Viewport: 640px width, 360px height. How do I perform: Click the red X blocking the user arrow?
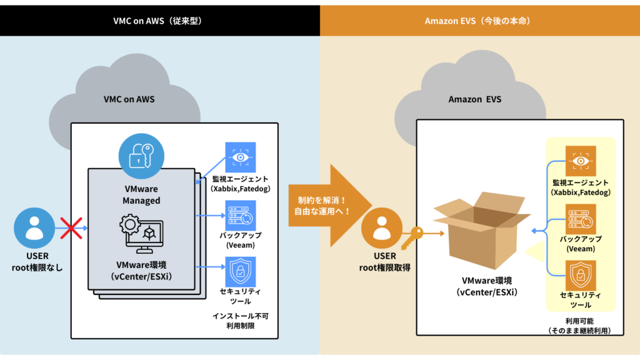click(70, 229)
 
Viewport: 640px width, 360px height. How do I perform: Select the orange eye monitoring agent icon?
click(581, 161)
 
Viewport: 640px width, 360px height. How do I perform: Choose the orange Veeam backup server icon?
click(581, 219)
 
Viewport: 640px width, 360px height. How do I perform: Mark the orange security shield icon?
click(581, 275)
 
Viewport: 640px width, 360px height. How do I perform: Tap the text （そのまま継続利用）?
click(579, 331)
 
